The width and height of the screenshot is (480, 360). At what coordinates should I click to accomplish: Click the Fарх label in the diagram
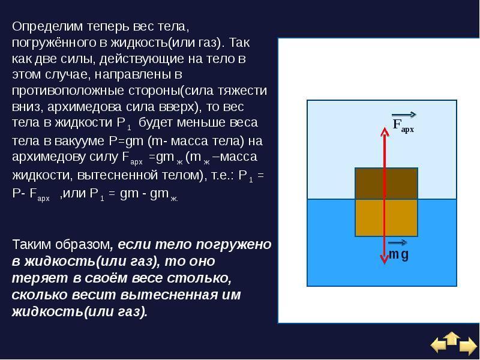point(403,125)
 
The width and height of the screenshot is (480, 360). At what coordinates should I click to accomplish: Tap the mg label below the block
point(398,254)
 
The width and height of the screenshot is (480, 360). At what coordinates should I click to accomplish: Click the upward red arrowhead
point(385,132)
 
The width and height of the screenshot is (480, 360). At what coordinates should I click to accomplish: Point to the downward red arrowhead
point(385,259)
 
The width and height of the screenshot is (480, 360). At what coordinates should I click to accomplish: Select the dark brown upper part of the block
point(386,184)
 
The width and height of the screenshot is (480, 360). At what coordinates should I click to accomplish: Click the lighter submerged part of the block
point(386,218)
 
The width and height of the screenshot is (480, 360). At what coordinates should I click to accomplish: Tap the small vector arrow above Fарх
point(404,115)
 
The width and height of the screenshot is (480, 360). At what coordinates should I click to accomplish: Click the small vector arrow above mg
point(398,243)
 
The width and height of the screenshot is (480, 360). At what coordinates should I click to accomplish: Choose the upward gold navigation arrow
point(452,338)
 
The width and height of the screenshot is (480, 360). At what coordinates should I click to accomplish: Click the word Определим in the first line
point(47,27)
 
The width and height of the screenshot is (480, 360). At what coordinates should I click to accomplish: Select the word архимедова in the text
point(85,107)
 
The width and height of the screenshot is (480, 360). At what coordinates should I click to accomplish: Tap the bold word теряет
point(40,278)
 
